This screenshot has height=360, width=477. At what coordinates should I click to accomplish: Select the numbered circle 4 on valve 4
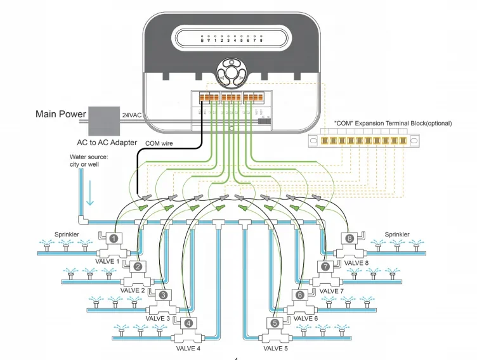pyautogui.click(x=188, y=323)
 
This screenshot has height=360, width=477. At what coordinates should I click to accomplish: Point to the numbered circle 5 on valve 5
pyautogui.click(x=275, y=323)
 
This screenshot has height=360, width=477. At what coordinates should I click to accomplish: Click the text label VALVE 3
pyautogui.click(x=158, y=318)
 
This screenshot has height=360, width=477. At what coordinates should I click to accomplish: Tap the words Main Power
pyautogui.click(x=60, y=114)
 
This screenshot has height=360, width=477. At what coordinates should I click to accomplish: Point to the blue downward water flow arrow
pyautogui.click(x=89, y=196)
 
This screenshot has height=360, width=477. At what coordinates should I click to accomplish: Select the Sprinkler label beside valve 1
pyautogui.click(x=67, y=234)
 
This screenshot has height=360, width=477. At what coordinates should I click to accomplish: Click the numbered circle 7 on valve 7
pyautogui.click(x=326, y=267)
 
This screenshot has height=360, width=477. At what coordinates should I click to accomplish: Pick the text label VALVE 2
pyautogui.click(x=133, y=290)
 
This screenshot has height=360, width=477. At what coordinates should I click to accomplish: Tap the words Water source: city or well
pyautogui.click(x=88, y=161)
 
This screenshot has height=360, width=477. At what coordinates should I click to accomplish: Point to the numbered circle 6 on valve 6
pyautogui.click(x=301, y=295)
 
